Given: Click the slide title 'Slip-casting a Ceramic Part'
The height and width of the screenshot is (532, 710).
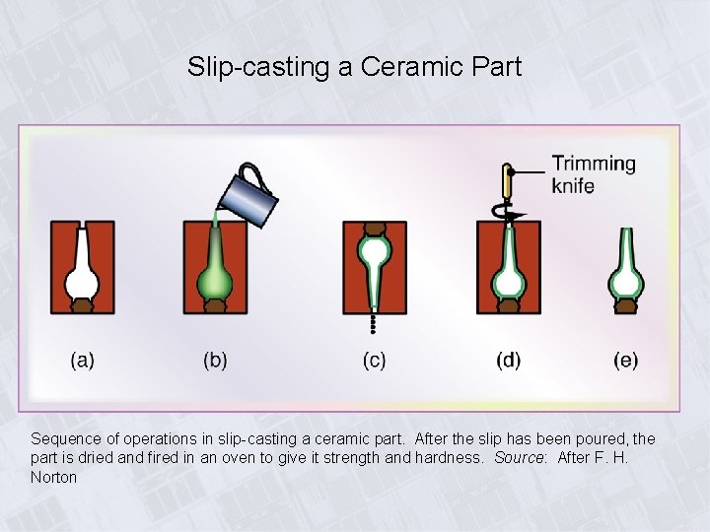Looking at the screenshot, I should click(x=354, y=67).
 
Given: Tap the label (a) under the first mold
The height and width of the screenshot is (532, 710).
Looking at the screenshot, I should click(x=83, y=360).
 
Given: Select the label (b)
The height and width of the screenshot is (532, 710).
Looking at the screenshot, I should click(x=215, y=360).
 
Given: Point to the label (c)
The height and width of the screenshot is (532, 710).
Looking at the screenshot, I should click(x=374, y=360).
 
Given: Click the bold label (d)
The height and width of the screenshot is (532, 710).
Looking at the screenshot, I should click(x=508, y=360).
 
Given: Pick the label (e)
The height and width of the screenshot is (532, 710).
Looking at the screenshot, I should click(x=625, y=360).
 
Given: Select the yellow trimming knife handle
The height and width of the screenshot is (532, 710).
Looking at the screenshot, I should click(x=508, y=182).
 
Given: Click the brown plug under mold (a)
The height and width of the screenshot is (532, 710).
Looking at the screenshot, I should click(x=82, y=305).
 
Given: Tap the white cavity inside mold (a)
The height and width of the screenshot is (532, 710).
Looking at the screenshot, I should click(x=82, y=280).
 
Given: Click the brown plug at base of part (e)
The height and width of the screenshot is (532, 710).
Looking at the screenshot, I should click(x=625, y=306).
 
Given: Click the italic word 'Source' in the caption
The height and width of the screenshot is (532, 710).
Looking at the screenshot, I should click(x=517, y=458).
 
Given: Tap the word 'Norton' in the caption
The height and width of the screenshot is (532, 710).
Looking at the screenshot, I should click(x=53, y=478).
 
